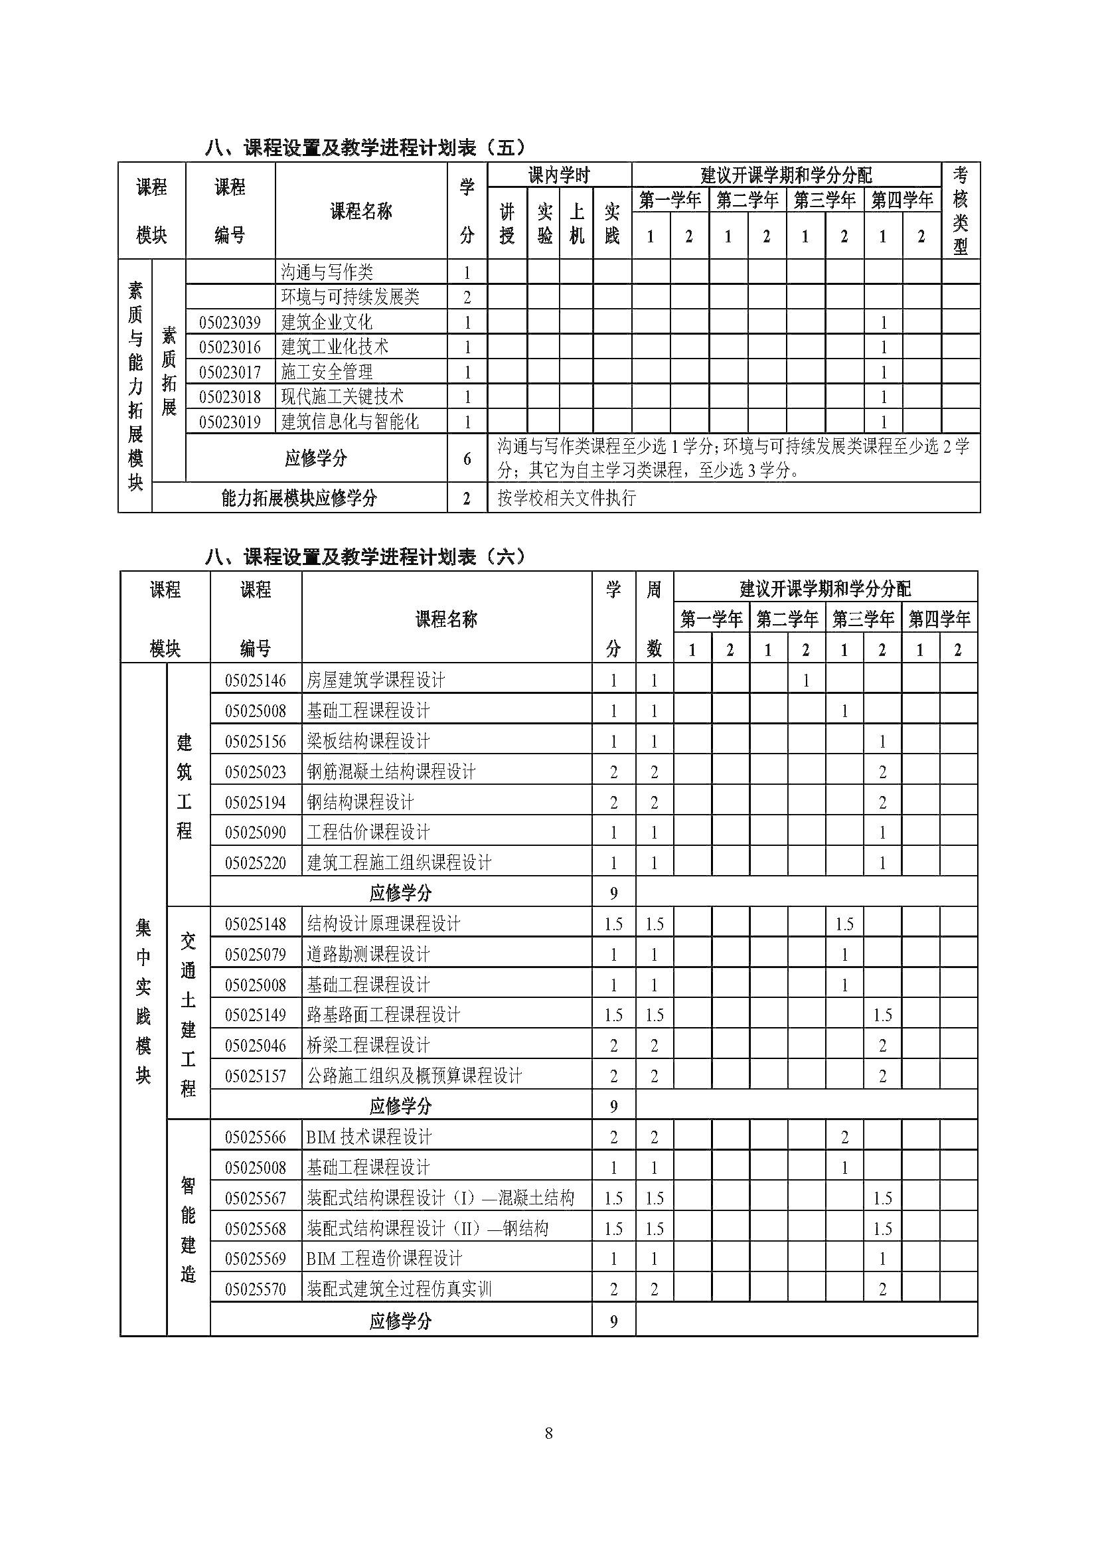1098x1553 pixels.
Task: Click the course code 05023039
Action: pos(230,322)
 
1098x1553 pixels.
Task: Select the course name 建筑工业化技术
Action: pos(335,347)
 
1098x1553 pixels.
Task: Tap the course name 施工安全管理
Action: pos(327,372)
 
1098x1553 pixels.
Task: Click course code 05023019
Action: pos(230,422)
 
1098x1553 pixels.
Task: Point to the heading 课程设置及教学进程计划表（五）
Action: pos(365,147)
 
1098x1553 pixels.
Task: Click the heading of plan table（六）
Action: pos(365,557)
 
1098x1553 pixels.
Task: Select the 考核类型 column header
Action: pos(960,211)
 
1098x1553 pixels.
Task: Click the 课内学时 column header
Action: pos(559,175)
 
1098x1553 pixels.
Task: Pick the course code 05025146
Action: pos(256,681)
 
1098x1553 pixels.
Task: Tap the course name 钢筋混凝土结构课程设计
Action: pos(391,772)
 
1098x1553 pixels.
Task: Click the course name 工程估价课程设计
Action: pos(368,832)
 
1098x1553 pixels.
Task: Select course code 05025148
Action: pos(256,924)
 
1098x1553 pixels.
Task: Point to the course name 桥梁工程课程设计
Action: pos(368,1046)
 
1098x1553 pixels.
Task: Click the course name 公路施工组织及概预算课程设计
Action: pos(414,1076)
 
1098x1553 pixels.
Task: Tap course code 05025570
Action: pos(256,1289)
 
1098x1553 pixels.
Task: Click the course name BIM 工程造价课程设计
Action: pos(384,1259)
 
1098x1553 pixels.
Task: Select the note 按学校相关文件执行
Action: pos(566,499)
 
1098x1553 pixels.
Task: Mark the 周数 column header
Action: pos(654,618)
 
